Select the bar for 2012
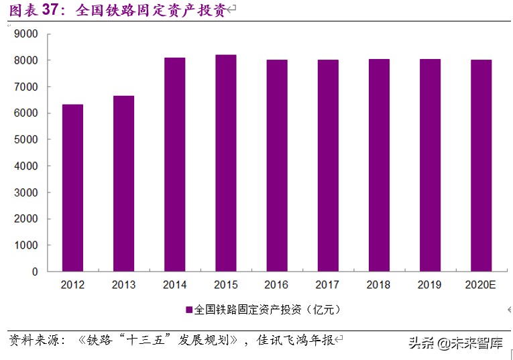coord(72,188)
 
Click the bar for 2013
coord(123,184)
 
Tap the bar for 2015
coord(225,163)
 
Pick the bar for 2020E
coord(481,166)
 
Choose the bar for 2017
coord(328,166)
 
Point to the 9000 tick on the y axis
coord(27,34)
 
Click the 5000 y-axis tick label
coord(27,139)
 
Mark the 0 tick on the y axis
coord(36,272)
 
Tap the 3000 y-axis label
coord(27,192)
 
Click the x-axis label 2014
coord(174,285)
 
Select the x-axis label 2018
coord(378,285)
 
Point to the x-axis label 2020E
coord(480,285)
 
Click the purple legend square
coord(189,310)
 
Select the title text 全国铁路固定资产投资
coord(151,10)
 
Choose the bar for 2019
coord(430,165)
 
